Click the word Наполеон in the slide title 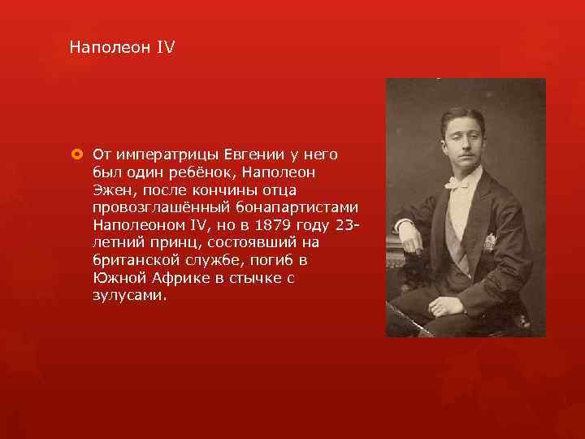(x=110, y=48)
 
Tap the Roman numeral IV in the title (x=165, y=48)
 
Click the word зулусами (x=129, y=296)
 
